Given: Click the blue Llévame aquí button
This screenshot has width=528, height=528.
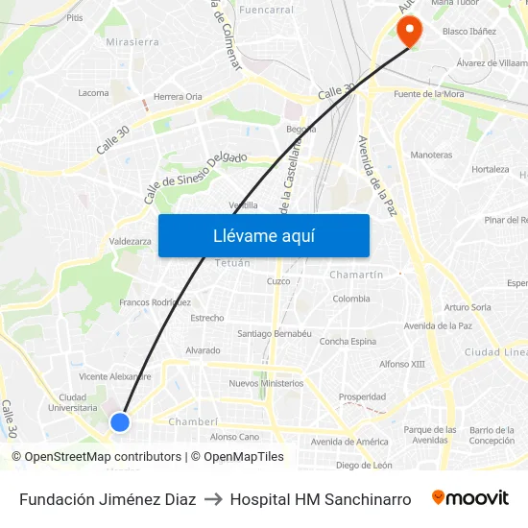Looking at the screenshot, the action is [x=263, y=235].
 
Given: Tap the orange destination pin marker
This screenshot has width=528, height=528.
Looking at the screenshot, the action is [x=410, y=31].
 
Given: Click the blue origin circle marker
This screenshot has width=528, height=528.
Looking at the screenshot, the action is [x=120, y=421].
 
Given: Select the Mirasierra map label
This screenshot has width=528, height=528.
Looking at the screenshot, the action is [x=132, y=42].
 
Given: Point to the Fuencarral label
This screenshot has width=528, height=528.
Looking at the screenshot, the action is [x=266, y=11].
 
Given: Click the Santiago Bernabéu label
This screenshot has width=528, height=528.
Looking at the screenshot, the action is [x=275, y=334].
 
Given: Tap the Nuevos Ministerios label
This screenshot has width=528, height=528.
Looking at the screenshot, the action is [x=266, y=383].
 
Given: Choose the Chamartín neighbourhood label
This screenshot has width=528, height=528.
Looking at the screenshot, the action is [x=356, y=275].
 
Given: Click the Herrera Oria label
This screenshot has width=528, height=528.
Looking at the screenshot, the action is [x=178, y=96].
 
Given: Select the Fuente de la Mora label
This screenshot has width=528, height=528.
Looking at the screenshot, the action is [x=429, y=93].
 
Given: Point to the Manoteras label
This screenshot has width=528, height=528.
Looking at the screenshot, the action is [x=431, y=155].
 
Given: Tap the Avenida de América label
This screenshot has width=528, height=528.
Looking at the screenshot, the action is [x=350, y=442].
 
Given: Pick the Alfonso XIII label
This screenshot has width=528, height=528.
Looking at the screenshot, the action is [x=402, y=364].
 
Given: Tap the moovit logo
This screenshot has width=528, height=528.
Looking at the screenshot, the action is [x=470, y=498].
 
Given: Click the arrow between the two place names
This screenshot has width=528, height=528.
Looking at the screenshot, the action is [x=213, y=499].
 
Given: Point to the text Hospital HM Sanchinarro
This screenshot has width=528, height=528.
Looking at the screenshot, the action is [x=321, y=499].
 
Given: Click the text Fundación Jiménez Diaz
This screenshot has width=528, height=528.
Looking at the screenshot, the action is [x=108, y=499].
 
